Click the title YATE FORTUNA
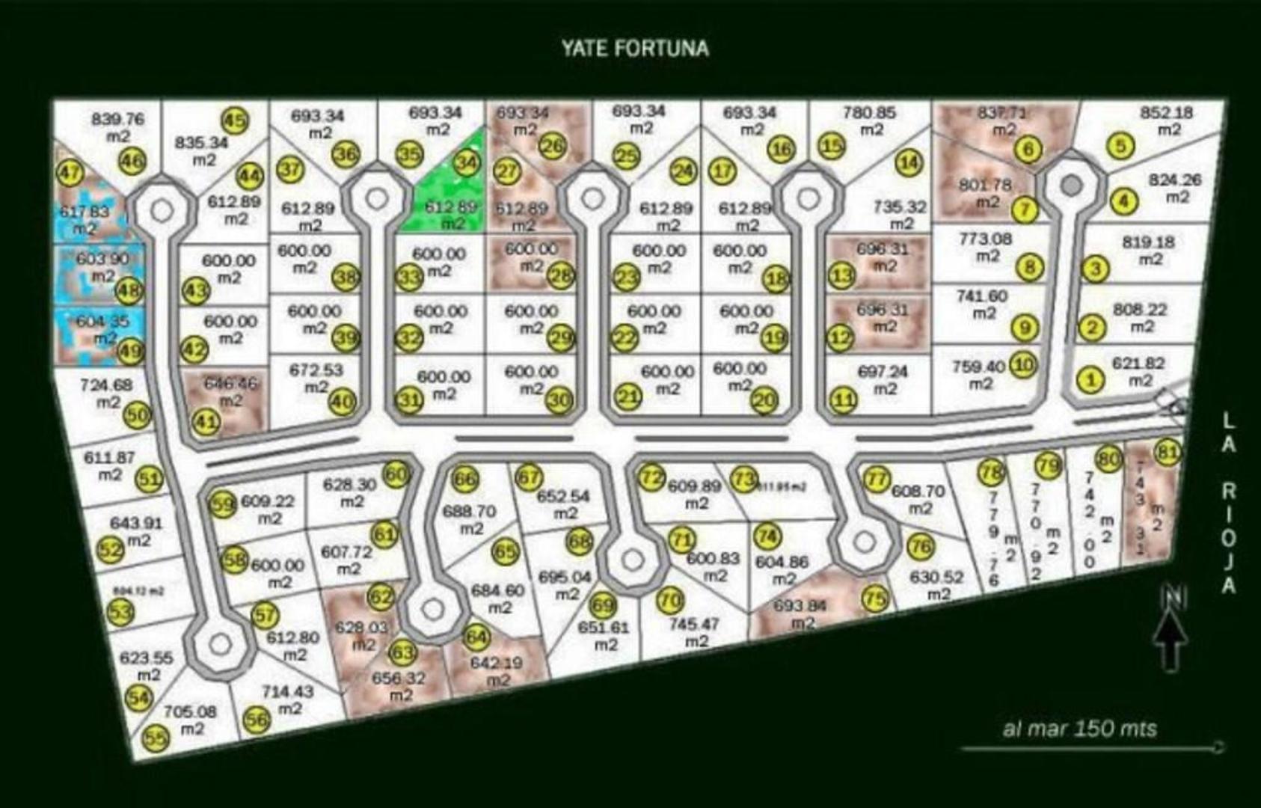(635, 48)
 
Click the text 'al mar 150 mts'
(1079, 728)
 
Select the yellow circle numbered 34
(467, 162)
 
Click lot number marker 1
(1090, 379)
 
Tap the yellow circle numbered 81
(1168, 452)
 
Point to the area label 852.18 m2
(1165, 120)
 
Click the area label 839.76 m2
(118, 127)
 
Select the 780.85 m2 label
(870, 120)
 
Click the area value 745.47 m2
(695, 632)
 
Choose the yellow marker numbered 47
(70, 174)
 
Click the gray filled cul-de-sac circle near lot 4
(1072, 184)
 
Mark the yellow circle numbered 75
(874, 599)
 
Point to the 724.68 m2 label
(107, 394)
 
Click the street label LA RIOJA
(1228, 503)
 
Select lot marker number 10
(1023, 365)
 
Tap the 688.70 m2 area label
(470, 520)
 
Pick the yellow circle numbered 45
(235, 120)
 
